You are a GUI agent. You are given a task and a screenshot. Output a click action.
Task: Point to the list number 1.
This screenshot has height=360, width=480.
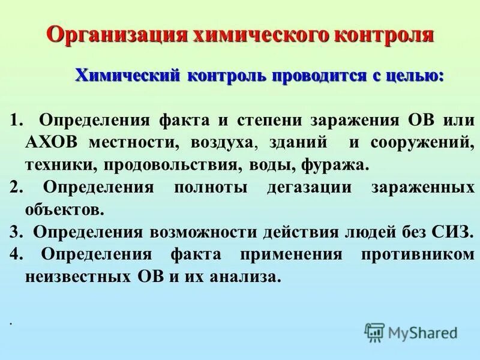15,119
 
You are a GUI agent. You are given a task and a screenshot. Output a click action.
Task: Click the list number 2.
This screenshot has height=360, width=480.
15,187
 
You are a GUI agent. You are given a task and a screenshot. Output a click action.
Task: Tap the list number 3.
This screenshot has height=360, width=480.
15,232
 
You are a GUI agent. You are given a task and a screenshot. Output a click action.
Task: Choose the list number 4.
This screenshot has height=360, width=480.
15,254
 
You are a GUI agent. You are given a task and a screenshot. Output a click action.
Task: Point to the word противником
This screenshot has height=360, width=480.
418,254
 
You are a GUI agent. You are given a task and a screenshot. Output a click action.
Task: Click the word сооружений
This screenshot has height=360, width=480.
419,142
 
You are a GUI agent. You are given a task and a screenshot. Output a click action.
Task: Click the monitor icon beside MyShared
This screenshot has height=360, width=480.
374,332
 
